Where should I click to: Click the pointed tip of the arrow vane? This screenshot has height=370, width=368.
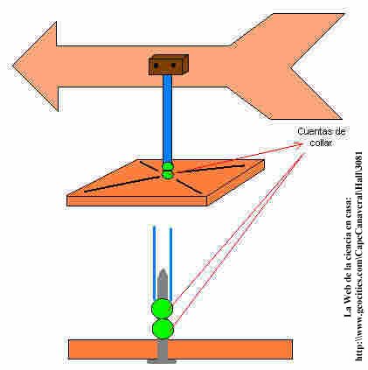coord(13,66)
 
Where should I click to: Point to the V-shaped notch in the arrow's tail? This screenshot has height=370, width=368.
coord(291,68)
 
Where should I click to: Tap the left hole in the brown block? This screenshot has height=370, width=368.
coord(156,66)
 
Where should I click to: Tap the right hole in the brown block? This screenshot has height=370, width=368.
coord(173,65)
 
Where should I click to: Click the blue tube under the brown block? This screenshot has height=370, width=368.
coord(167,119)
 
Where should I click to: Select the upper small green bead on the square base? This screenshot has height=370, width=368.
coord(168,167)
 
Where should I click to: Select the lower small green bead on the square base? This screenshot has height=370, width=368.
coord(168,175)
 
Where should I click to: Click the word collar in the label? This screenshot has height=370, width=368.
coord(321,143)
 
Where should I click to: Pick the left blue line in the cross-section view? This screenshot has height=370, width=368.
coord(155,264)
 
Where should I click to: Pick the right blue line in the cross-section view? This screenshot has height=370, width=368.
coord(170,264)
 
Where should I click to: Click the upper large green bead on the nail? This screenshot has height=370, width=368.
coord(162,309)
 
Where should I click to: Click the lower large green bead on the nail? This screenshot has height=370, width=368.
coord(163,329)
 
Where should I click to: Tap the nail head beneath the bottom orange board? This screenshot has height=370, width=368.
coord(162,362)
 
